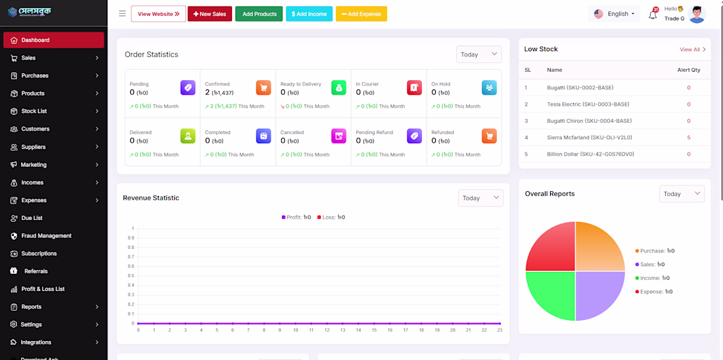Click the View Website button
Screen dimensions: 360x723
point(158,14)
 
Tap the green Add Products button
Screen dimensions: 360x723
point(259,14)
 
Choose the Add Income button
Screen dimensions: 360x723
point(309,14)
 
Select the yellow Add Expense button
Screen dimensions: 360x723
point(361,14)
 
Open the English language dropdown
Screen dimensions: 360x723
point(615,14)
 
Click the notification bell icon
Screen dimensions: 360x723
point(653,14)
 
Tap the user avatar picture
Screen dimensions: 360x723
point(697,14)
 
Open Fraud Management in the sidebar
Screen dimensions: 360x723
point(46,236)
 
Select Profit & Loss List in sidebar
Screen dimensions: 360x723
point(43,289)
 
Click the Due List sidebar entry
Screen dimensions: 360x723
point(32,218)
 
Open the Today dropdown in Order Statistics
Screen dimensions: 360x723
point(478,55)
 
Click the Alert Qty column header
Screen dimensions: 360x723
point(689,70)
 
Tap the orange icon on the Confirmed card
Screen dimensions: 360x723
point(264,87)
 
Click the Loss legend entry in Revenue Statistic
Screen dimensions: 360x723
point(331,217)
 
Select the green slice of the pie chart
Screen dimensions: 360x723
point(550,296)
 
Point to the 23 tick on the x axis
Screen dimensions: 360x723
point(500,330)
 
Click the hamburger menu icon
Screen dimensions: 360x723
point(122,14)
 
